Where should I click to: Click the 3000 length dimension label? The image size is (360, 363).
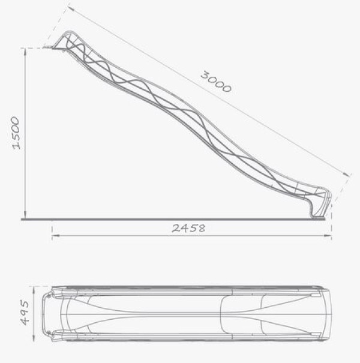[216, 82]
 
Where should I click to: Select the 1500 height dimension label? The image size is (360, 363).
[16, 133]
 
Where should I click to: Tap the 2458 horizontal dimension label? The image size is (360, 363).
[188, 229]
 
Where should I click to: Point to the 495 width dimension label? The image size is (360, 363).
[25, 313]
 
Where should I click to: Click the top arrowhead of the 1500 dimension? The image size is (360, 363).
[25, 52]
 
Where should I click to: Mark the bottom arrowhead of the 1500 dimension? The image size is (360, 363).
[25, 215]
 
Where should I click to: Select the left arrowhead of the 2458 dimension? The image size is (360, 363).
[56, 235]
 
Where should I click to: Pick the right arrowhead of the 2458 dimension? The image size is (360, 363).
[328, 235]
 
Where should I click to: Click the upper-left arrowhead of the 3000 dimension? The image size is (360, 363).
[71, 9]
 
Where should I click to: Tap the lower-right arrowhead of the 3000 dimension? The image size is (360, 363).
[347, 174]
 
